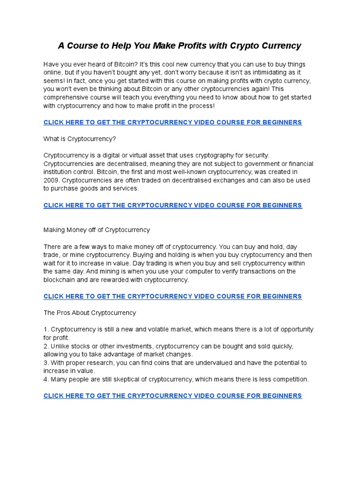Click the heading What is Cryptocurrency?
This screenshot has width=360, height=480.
(80, 139)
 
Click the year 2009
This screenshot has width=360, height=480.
(51, 180)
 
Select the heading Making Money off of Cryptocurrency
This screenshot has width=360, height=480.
(97, 230)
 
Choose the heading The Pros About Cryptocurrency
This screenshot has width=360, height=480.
(90, 313)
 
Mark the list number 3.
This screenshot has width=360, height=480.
(46, 363)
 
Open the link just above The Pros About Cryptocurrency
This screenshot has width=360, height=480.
(172, 296)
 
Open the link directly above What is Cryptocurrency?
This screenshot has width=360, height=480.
(172, 122)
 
